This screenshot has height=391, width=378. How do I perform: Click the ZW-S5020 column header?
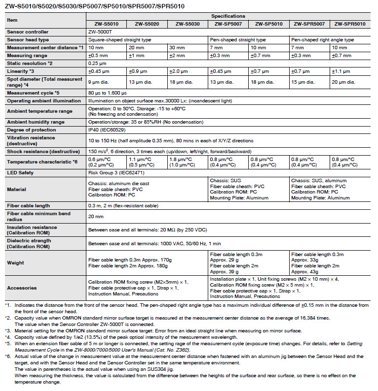coord(147,24)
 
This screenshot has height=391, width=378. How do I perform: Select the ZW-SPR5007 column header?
coord(309,24)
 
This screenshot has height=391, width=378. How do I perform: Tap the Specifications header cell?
coord(228,16)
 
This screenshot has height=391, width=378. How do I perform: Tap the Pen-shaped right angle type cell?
coord(322,39)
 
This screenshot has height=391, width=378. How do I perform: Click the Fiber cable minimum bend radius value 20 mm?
coord(95,216)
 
